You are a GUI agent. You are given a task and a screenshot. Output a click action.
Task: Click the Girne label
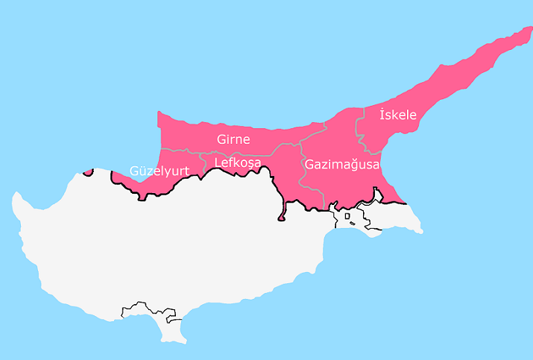tap(233, 139)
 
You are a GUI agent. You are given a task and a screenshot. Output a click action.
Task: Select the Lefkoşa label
tap(237, 162)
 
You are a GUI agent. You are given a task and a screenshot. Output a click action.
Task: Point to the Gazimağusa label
tap(341, 164)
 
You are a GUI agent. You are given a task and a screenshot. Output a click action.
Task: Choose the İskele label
tap(398, 115)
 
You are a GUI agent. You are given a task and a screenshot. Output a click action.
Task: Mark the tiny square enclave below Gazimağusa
tap(347, 217)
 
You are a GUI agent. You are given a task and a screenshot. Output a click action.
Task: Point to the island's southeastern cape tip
tap(420, 230)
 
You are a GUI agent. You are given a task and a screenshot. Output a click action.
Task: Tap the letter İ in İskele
tap(382, 114)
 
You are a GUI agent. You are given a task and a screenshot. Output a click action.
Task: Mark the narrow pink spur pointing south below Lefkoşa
tap(281, 215)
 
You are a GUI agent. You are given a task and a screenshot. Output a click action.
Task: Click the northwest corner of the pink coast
tap(159, 113)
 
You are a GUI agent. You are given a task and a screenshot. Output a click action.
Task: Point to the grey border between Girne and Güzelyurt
tap(183, 151)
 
